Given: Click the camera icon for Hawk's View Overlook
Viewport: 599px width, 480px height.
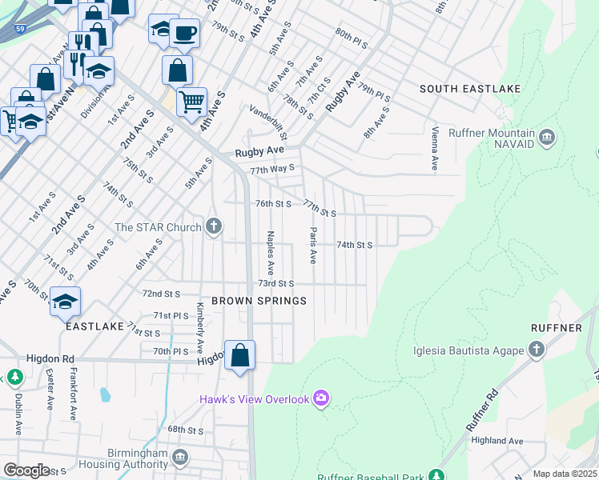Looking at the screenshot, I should (x=321, y=398).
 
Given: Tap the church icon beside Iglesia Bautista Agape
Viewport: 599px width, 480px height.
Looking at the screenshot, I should (x=536, y=350).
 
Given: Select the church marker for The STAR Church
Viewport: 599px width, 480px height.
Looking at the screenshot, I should (x=213, y=227).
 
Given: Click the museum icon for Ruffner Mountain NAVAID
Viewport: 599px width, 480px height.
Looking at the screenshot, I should (x=547, y=138).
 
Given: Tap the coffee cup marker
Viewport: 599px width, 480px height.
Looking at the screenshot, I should (x=185, y=34).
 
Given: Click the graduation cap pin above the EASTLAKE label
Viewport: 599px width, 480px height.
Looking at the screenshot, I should (x=66, y=302).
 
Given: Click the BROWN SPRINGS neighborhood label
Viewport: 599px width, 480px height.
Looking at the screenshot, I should (x=259, y=301).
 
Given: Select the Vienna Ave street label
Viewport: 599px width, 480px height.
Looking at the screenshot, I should (x=435, y=148).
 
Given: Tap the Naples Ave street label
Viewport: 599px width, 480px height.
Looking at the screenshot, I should (x=271, y=251).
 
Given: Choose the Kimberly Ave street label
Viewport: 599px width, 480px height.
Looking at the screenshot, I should (x=199, y=328).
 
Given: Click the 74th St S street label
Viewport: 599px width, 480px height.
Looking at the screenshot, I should (x=354, y=245).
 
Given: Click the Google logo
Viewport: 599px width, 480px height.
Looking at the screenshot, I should (x=26, y=470).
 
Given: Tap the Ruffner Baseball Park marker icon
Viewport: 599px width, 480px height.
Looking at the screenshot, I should (x=436, y=475).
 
